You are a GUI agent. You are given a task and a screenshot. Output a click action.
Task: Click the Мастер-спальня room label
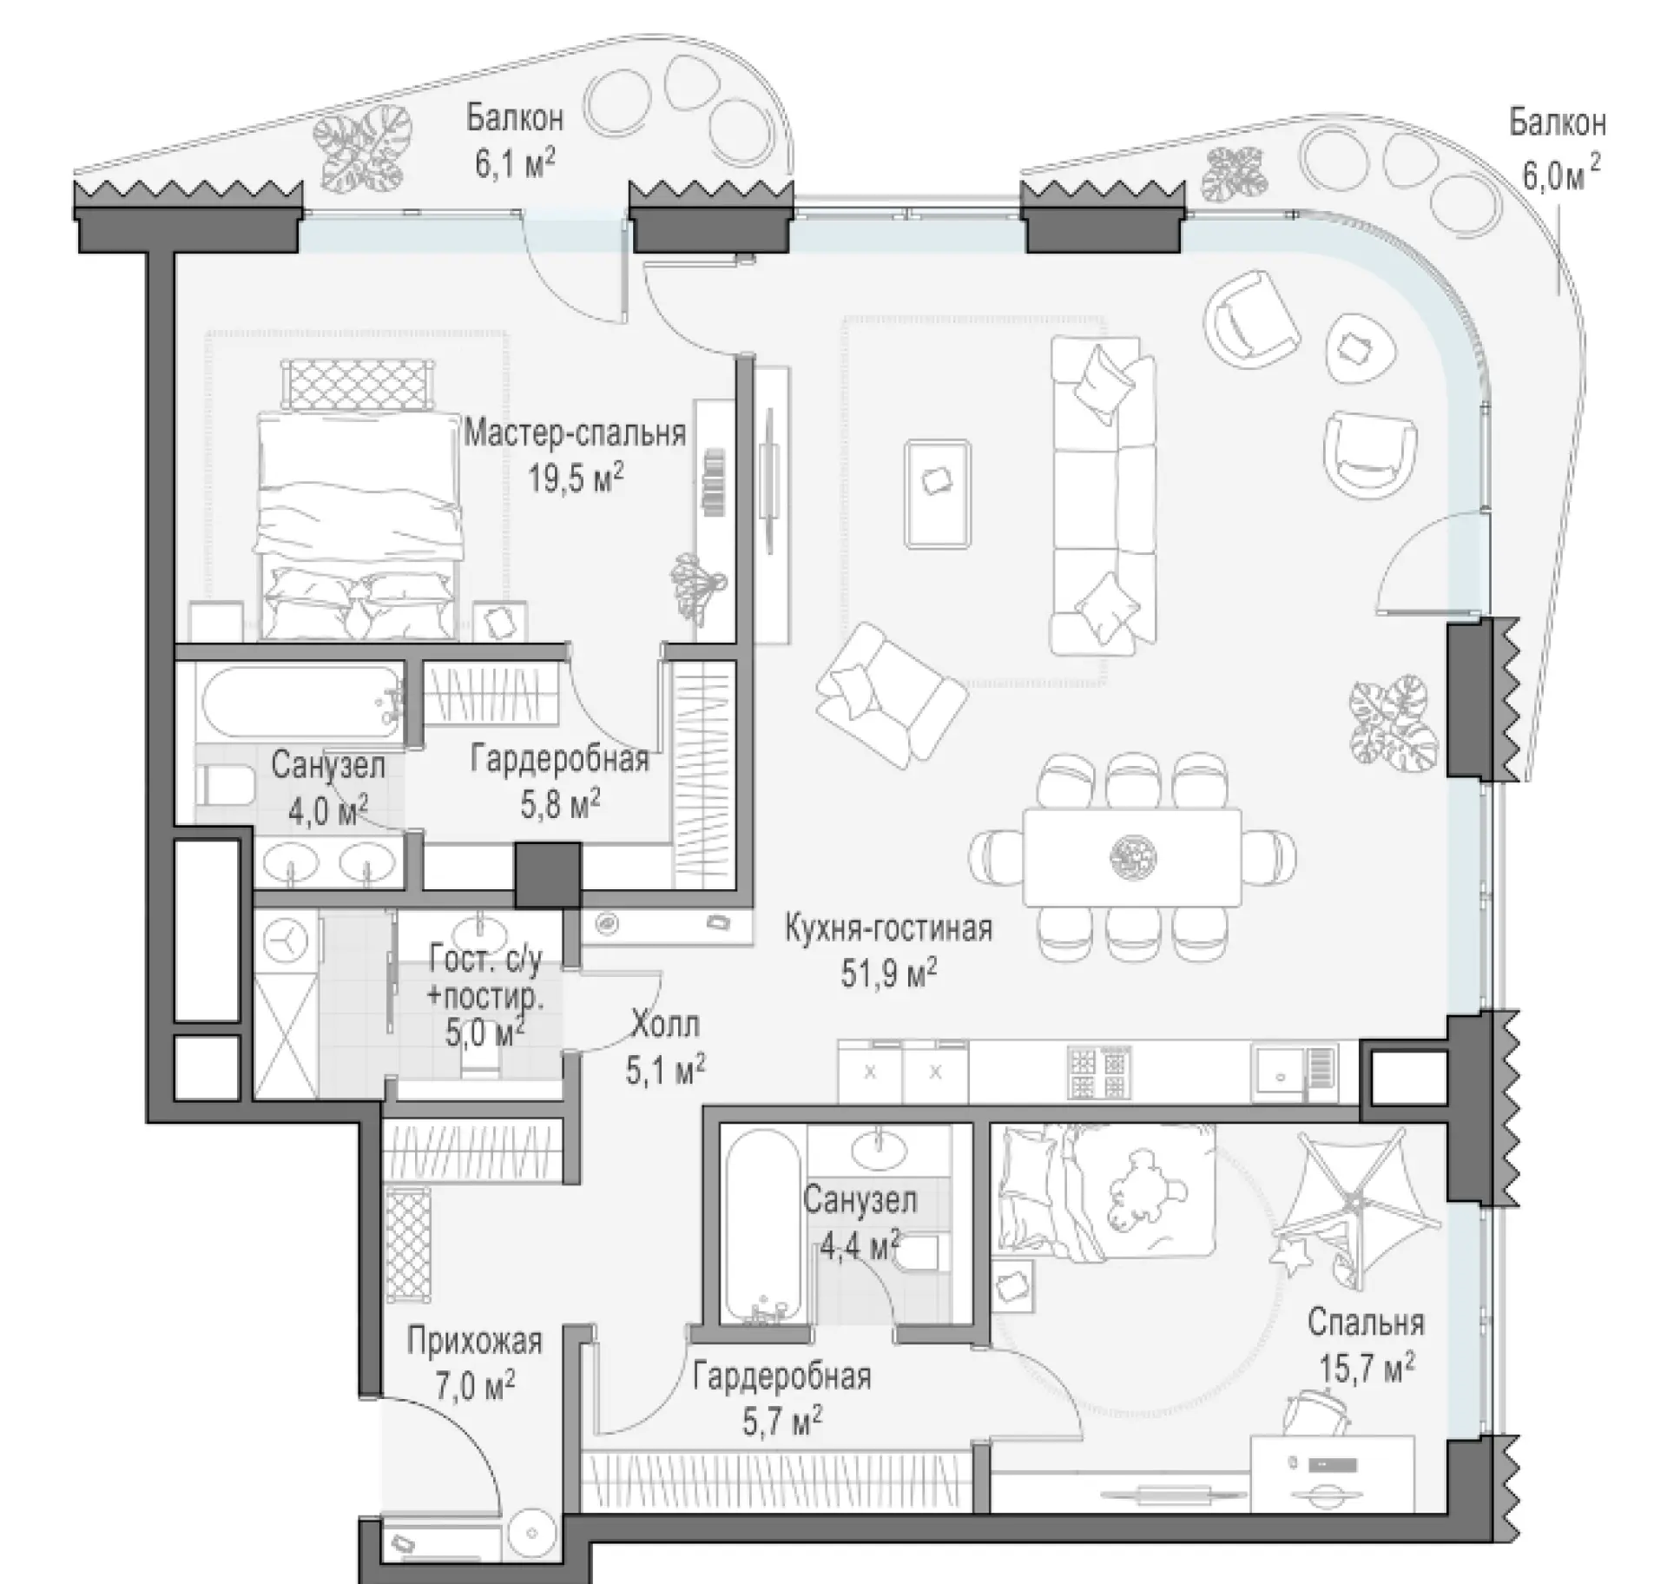(x=575, y=432)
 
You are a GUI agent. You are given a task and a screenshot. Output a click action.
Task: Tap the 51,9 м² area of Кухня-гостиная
(x=888, y=973)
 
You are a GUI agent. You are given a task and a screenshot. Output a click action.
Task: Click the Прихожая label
(x=474, y=1341)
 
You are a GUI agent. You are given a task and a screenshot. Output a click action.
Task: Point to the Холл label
(x=664, y=1025)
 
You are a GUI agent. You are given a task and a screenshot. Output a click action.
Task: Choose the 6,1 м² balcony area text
(x=514, y=162)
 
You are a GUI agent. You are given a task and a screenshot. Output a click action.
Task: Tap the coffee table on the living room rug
(x=937, y=493)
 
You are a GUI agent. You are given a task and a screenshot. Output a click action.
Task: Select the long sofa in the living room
(x=1104, y=495)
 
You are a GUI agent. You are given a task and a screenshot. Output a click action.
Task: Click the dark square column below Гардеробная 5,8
(x=548, y=876)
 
